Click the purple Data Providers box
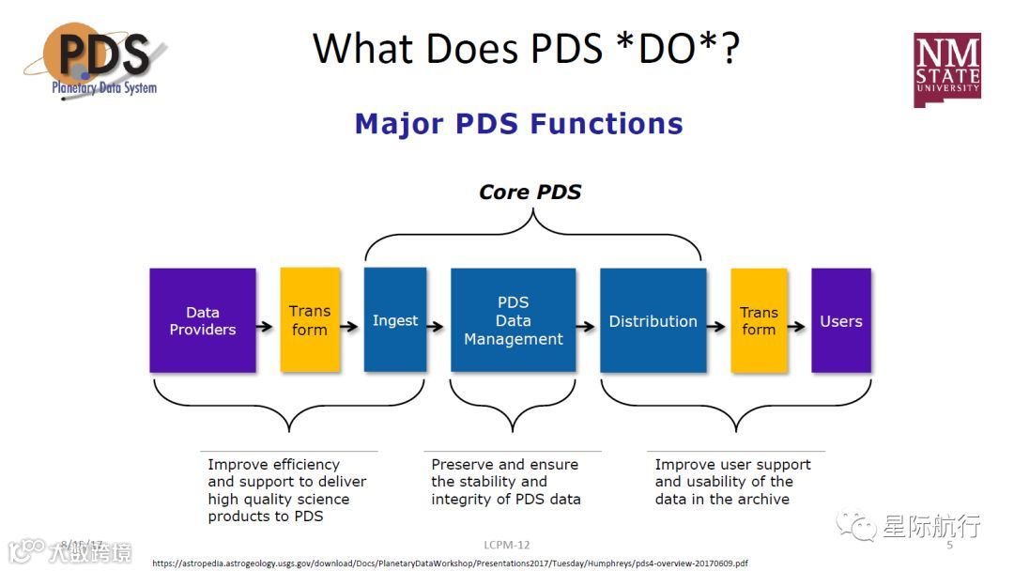[x=202, y=320]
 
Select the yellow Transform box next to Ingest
[x=310, y=320]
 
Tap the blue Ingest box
[x=395, y=320]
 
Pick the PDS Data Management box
[x=514, y=320]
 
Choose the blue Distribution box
[x=653, y=320]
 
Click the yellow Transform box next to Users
[x=759, y=320]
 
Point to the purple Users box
[x=841, y=320]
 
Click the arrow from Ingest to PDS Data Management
[x=438, y=327]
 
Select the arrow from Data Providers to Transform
[x=267, y=327]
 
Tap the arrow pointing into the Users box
[x=798, y=327]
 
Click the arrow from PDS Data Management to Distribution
[x=587, y=327]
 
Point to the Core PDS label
[x=530, y=193]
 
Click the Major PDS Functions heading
[x=518, y=124]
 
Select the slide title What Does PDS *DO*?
[x=526, y=49]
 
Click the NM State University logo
[x=947, y=69]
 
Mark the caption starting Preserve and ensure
[x=505, y=482]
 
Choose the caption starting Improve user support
[x=732, y=482]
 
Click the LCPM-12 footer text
[x=507, y=545]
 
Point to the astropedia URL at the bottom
[x=451, y=563]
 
